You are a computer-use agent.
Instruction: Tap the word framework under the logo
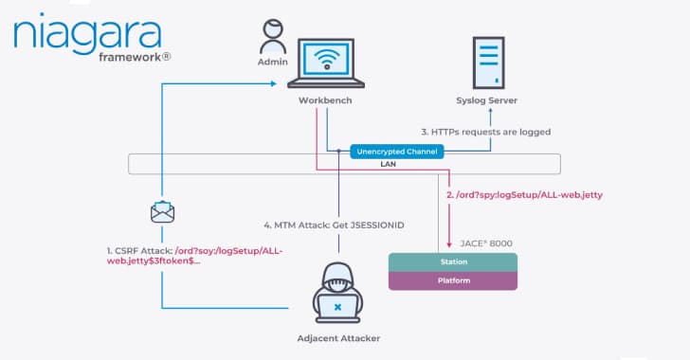point(133,57)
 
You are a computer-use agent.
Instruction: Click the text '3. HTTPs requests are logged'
point(484,131)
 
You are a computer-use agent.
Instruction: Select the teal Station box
point(454,261)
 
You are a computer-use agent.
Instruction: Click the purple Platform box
point(454,280)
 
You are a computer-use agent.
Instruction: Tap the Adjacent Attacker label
point(338,338)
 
